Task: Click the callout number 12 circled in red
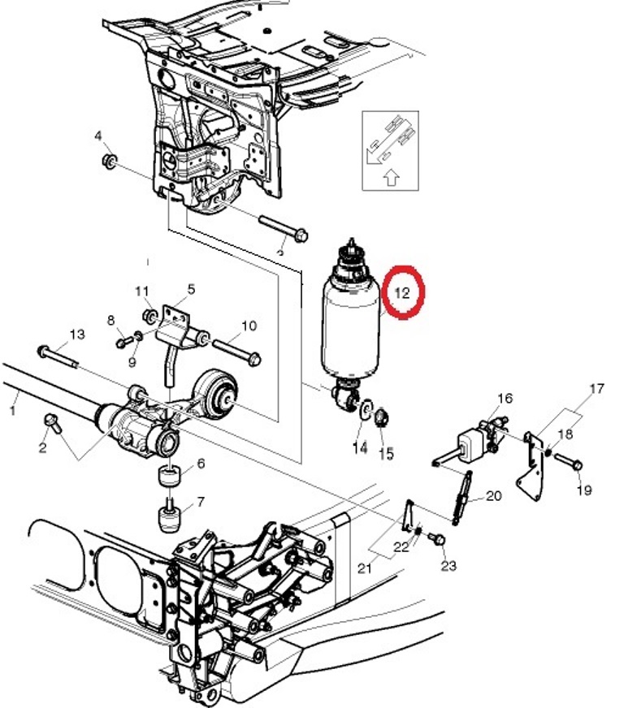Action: click(x=401, y=292)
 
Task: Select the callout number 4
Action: click(x=98, y=136)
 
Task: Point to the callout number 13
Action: click(x=77, y=335)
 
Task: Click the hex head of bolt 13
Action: click(x=43, y=351)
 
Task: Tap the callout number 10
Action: click(x=249, y=325)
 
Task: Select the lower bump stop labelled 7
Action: click(x=170, y=518)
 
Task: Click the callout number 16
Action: click(x=505, y=398)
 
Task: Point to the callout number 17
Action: click(x=596, y=388)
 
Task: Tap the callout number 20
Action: click(x=493, y=496)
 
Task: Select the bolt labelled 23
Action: click(x=436, y=538)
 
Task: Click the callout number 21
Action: click(x=364, y=568)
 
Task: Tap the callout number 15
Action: click(x=386, y=453)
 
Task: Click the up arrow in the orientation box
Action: click(x=392, y=178)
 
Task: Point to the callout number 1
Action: click(x=12, y=411)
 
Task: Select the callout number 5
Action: click(x=191, y=289)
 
